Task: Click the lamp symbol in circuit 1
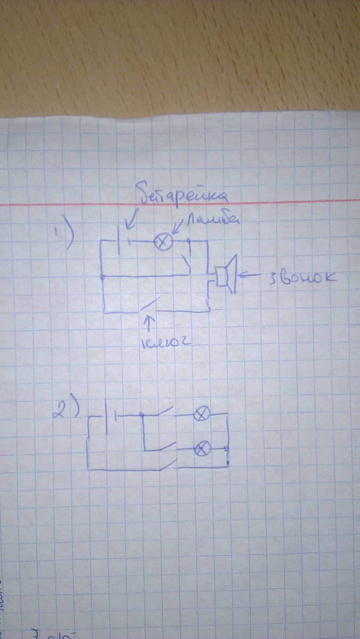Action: (162, 242)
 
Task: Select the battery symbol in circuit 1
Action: (124, 242)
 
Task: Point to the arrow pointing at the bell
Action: (250, 275)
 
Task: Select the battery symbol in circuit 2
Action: (110, 415)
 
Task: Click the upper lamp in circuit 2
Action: (201, 414)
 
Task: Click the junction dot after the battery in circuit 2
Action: (141, 415)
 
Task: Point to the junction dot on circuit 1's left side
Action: (102, 277)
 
